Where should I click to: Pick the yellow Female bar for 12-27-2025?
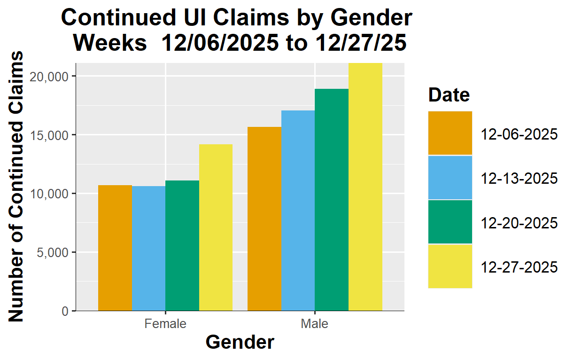click(216, 227)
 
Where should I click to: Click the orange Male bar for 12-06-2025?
click(264, 219)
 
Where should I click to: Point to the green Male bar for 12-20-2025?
click(332, 200)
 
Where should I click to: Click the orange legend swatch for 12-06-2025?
click(450, 133)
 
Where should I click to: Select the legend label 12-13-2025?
click(519, 179)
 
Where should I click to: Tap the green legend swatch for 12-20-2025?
click(450, 222)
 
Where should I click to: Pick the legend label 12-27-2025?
click(519, 267)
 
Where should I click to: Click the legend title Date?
click(449, 95)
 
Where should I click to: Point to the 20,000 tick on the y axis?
click(50, 77)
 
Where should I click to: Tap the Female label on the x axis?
click(165, 324)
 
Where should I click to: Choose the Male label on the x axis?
click(315, 324)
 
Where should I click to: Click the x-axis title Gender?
click(240, 342)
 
